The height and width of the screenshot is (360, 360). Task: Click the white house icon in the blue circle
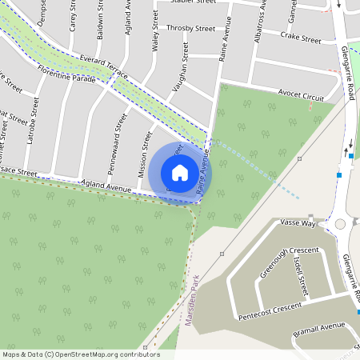[x=180, y=173]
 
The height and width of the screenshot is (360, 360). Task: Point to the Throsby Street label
[x=190, y=29]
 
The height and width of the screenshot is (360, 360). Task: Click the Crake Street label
[x=301, y=38]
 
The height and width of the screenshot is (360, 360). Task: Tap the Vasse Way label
[x=299, y=224]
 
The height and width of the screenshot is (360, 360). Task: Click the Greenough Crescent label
[x=289, y=262]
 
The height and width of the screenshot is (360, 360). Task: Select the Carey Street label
[x=73, y=16]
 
